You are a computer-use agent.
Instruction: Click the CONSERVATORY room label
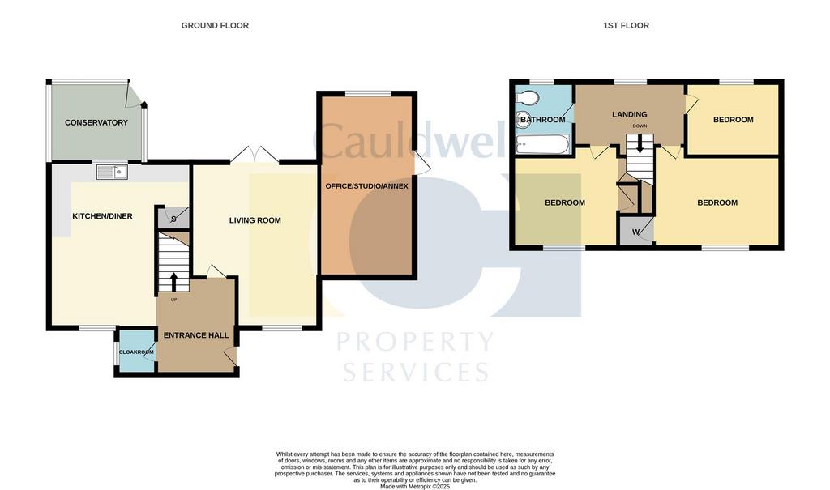(96, 123)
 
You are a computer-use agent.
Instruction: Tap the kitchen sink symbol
(112, 172)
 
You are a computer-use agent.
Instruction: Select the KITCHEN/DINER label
(102, 216)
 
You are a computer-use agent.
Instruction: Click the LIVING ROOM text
(255, 220)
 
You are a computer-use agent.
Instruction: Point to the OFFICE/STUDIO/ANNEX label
(367, 186)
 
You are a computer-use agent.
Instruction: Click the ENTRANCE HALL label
(196, 335)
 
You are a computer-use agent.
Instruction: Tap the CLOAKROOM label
(136, 352)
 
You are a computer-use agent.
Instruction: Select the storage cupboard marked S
(173, 218)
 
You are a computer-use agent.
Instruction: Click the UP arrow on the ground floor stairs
(173, 282)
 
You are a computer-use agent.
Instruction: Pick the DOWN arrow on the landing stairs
(640, 144)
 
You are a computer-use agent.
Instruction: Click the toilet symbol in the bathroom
(527, 97)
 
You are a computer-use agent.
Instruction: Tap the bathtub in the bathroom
(542, 144)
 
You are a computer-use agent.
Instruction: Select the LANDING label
(629, 114)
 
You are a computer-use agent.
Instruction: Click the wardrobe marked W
(636, 232)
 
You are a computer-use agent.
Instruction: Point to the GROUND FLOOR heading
(215, 25)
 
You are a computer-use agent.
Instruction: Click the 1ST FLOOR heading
(627, 25)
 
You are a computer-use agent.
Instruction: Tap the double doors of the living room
(255, 154)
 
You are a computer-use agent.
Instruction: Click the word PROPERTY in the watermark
(416, 342)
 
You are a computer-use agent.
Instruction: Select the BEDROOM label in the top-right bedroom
(733, 120)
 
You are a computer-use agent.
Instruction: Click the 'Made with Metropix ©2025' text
(415, 486)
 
